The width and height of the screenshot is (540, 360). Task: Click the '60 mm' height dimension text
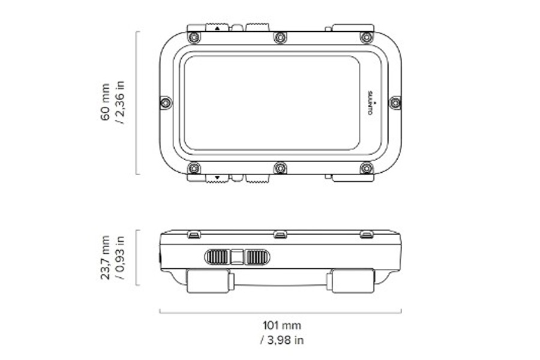click(105, 102)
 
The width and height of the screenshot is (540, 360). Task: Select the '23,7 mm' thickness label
click(105, 257)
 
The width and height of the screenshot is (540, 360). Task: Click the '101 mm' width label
click(282, 325)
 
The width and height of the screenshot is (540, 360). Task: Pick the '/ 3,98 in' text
click(282, 340)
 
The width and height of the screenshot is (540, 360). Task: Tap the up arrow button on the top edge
click(217, 28)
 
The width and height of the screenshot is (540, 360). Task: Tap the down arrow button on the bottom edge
click(217, 178)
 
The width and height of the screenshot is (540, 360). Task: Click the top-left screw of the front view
click(194, 37)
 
